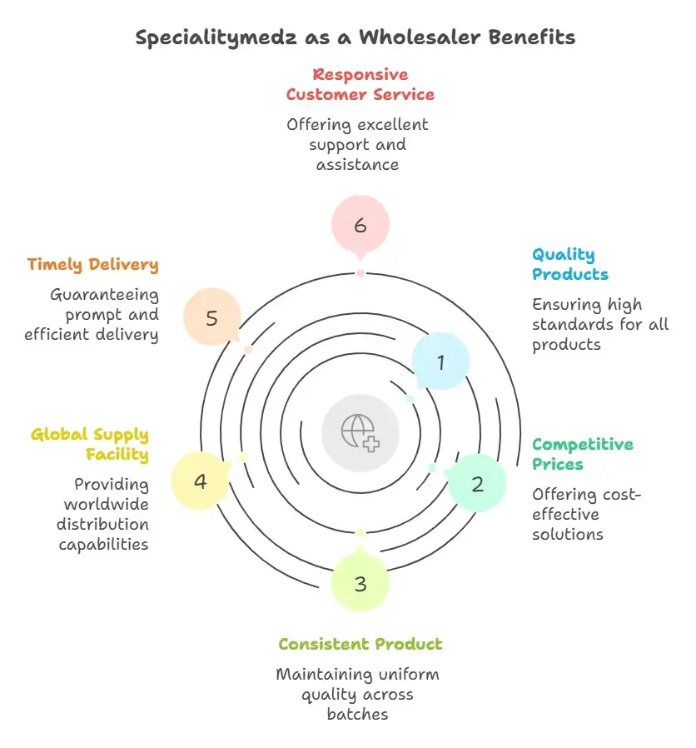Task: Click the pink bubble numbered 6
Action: (360, 223)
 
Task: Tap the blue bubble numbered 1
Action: (440, 362)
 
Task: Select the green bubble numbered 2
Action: (476, 483)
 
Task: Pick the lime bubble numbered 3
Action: (360, 583)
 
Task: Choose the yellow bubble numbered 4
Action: (200, 481)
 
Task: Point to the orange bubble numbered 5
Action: (211, 318)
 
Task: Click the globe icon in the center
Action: (360, 431)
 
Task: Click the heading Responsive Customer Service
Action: (360, 84)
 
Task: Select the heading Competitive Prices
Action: (583, 454)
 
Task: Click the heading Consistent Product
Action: (360, 644)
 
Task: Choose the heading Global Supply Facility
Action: (90, 444)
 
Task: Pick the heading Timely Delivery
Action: (92, 264)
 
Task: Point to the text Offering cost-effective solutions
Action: (587, 514)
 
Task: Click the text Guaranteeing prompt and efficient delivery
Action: (104, 314)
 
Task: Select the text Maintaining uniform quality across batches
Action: (357, 693)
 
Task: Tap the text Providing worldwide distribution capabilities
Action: (104, 514)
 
